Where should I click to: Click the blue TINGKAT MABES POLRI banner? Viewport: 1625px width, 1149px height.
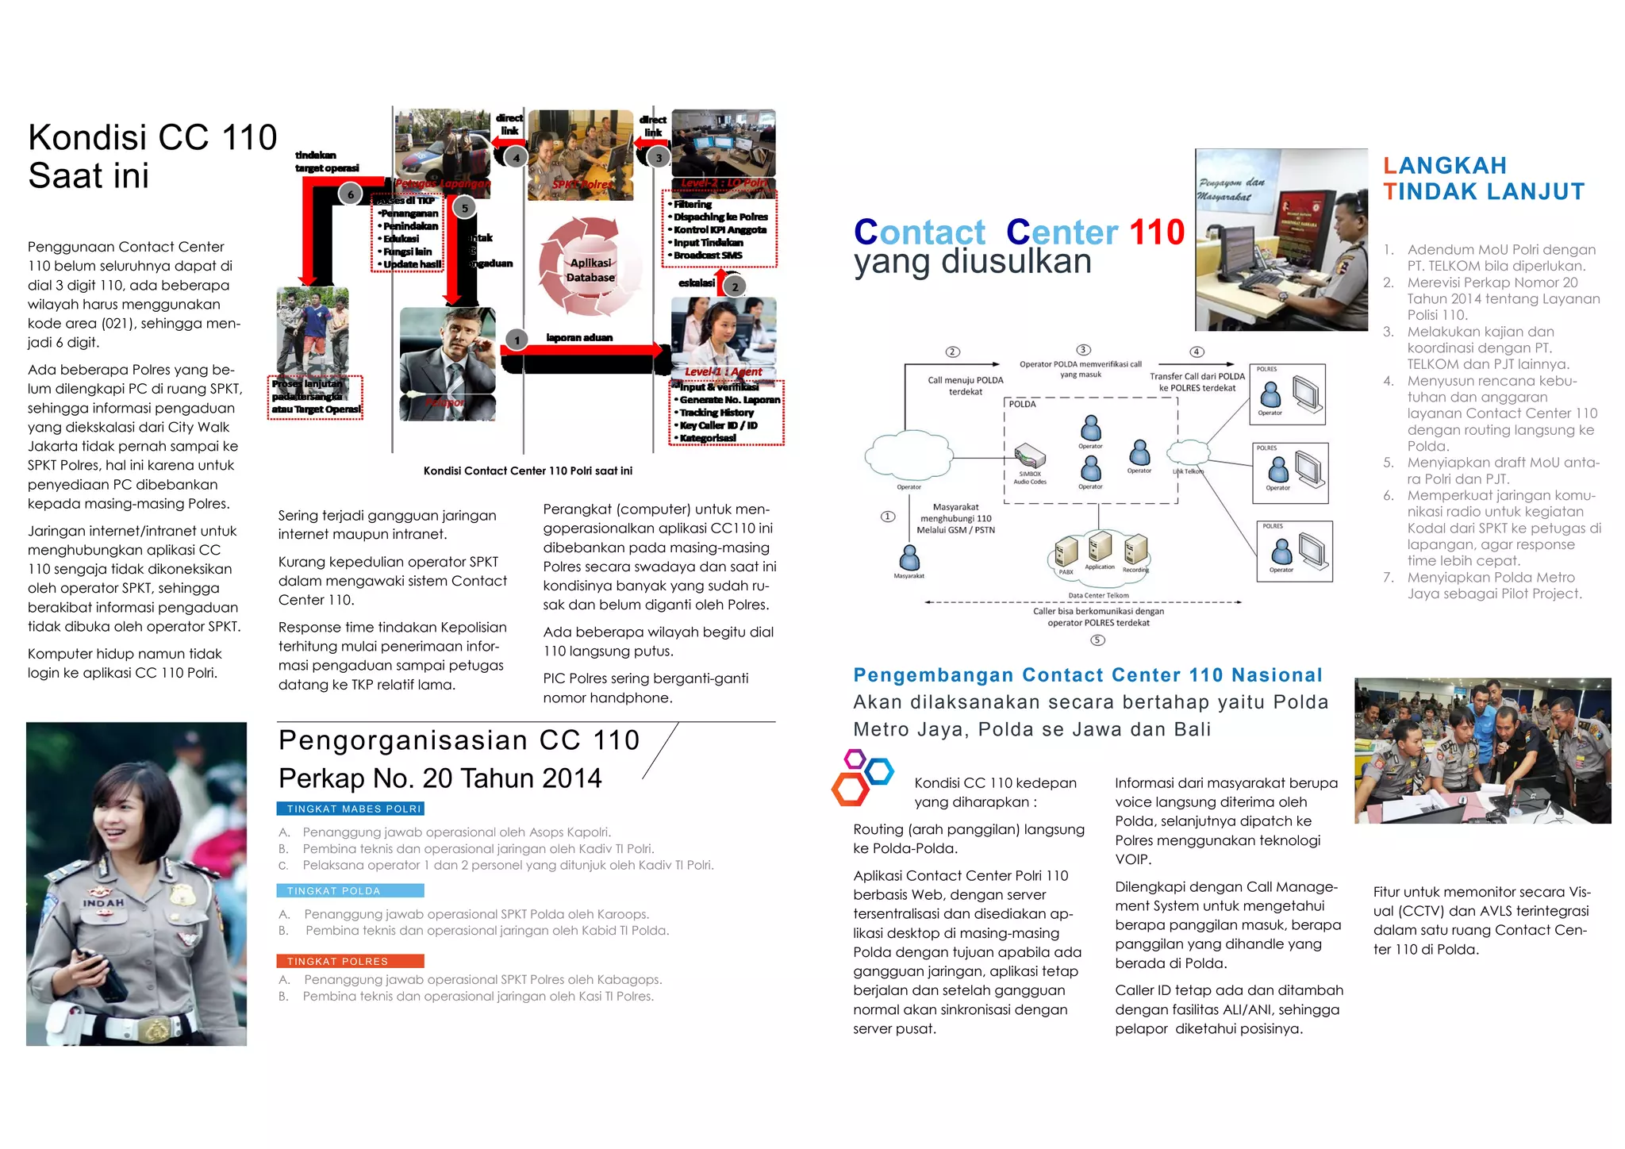(x=350, y=809)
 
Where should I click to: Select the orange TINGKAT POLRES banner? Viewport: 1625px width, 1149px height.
(x=350, y=961)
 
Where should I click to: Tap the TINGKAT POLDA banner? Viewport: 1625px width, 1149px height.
(x=350, y=891)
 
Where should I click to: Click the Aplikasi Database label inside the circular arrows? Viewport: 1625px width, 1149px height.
(x=590, y=271)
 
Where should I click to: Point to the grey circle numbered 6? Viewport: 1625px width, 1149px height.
(x=351, y=194)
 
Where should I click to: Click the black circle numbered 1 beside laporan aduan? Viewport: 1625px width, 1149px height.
(x=517, y=340)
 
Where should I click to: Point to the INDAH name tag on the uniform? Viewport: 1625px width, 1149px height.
(x=104, y=903)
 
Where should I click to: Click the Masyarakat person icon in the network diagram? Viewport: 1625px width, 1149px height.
(x=909, y=557)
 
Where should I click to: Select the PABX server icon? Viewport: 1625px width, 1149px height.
(x=1066, y=552)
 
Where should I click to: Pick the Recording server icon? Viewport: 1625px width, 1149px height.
(x=1135, y=549)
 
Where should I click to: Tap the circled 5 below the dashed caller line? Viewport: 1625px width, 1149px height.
(x=1097, y=640)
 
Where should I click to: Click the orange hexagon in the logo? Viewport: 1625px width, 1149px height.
(x=849, y=790)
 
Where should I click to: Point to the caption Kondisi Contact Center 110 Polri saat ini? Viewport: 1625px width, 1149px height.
(x=528, y=471)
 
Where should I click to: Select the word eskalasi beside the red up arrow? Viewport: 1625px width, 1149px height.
(x=696, y=282)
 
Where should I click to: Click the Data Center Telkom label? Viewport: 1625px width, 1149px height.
(x=1098, y=595)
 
